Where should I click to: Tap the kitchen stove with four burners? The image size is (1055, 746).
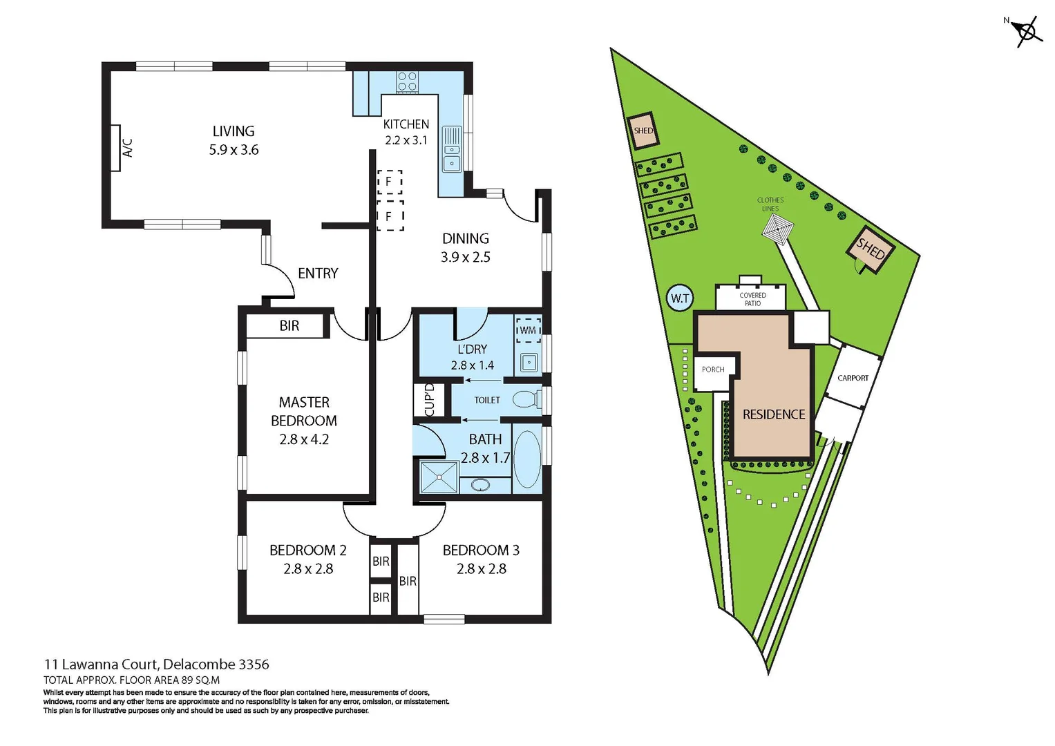407,82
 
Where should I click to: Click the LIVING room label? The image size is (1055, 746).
234,131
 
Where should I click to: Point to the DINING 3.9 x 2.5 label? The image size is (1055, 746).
466,247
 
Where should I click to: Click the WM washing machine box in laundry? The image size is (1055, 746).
529,329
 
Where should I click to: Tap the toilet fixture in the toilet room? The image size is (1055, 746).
526,399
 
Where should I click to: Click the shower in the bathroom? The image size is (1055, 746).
439,477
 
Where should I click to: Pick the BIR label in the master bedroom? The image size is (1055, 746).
289,326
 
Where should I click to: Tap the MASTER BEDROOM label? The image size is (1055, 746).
304,420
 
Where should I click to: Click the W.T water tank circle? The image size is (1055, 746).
680,298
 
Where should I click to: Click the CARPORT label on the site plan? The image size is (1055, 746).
853,378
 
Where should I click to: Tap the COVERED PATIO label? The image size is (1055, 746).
752,299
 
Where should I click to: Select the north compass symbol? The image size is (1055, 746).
1027,31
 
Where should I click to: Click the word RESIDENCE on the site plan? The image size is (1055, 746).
774,414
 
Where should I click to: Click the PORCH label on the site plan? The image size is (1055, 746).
713,370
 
